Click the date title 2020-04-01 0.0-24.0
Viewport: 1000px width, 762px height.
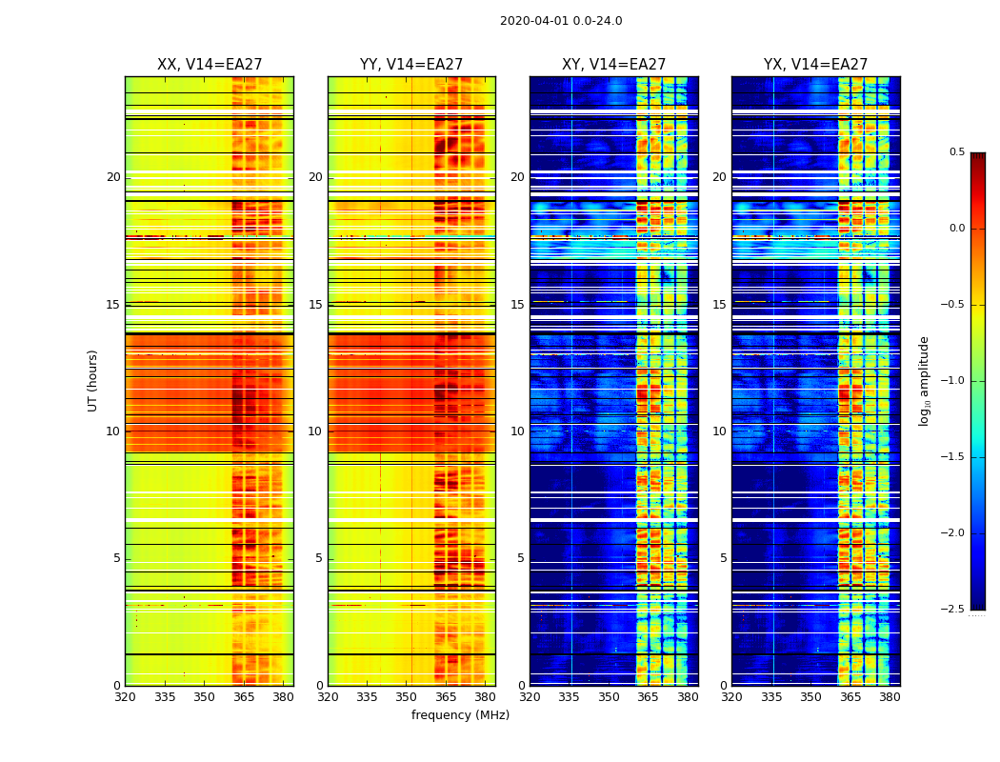tap(561, 21)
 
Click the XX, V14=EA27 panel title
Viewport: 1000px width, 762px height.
tap(210, 65)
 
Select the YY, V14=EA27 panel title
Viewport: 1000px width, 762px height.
tap(411, 65)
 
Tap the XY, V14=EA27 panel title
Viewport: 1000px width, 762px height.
tap(613, 65)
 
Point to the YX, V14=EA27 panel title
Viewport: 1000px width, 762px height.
tap(815, 65)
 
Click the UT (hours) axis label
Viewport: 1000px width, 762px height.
tap(93, 380)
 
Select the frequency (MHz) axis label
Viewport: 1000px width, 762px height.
tap(460, 715)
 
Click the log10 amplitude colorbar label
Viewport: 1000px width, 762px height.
tap(924, 380)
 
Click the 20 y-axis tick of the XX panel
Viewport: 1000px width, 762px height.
tap(113, 177)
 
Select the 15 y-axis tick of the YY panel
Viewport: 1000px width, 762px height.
tap(315, 305)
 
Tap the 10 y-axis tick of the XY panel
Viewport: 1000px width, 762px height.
tap(517, 431)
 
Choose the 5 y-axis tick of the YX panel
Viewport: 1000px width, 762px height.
tap(723, 558)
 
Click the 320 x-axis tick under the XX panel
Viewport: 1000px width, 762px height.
tap(125, 697)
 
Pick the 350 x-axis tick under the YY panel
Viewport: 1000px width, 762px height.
tap(407, 697)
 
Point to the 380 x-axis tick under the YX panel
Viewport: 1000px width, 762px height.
tap(890, 697)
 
